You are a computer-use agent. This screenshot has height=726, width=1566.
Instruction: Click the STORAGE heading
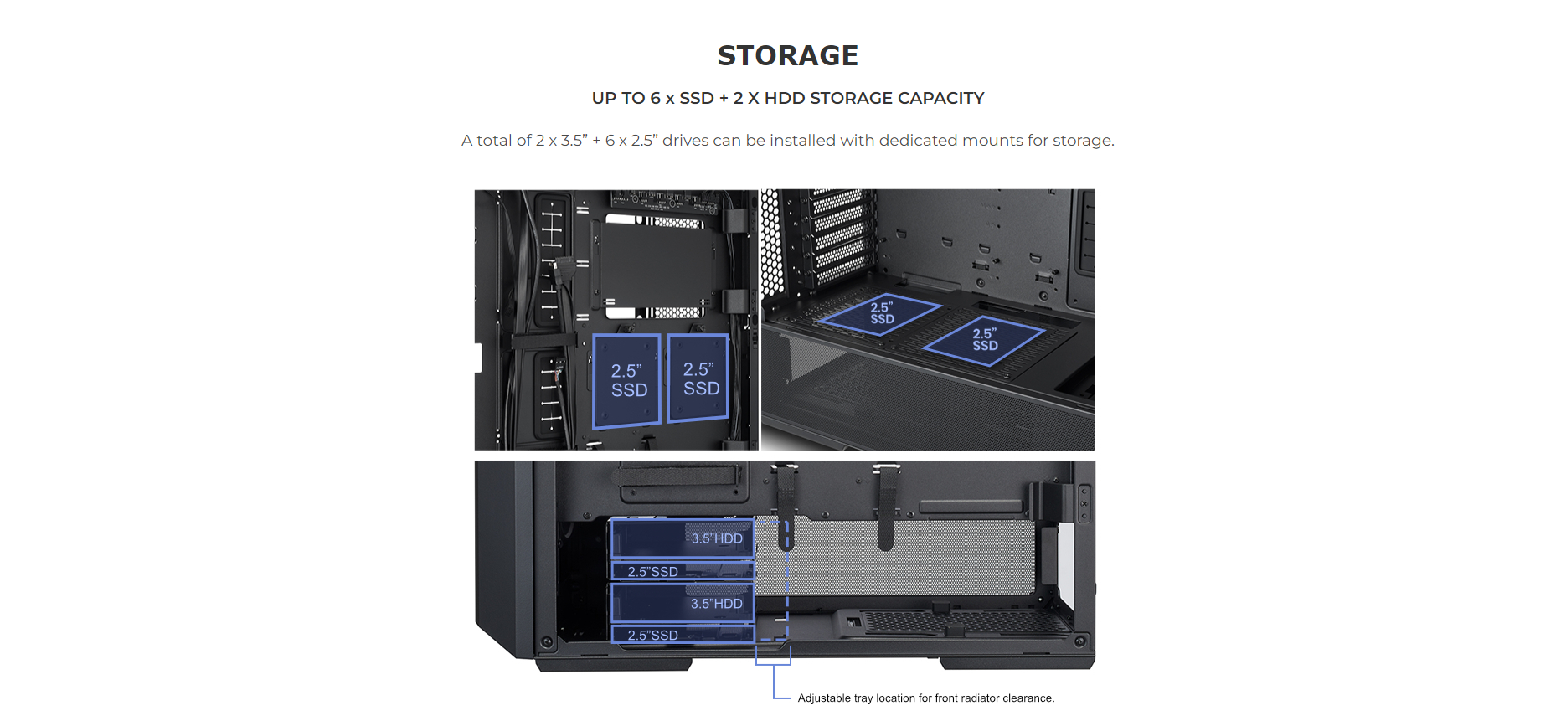787,55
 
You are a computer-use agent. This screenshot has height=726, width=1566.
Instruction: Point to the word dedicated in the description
918,140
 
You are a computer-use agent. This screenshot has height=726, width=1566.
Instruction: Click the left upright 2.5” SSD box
627,381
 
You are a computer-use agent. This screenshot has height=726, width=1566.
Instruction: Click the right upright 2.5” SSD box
699,378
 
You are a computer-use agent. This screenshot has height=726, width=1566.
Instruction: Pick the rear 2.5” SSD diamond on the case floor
880,314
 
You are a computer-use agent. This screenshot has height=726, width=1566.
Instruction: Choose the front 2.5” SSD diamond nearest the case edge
984,340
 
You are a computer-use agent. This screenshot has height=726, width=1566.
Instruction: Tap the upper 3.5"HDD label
717,538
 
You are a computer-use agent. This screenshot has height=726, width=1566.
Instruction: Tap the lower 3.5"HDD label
716,603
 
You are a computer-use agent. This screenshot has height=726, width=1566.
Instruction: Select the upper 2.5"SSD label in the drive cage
652,572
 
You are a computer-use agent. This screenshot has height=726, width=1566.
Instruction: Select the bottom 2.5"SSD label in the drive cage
652,636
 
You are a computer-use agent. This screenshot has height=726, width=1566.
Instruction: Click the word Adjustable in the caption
824,698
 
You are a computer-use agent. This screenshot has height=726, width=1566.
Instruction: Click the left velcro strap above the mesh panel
786,507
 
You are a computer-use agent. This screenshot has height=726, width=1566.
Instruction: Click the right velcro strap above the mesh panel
886,507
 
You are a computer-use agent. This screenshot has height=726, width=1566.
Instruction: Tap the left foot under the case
614,663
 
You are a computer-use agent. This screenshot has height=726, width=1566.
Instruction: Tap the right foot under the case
1017,663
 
